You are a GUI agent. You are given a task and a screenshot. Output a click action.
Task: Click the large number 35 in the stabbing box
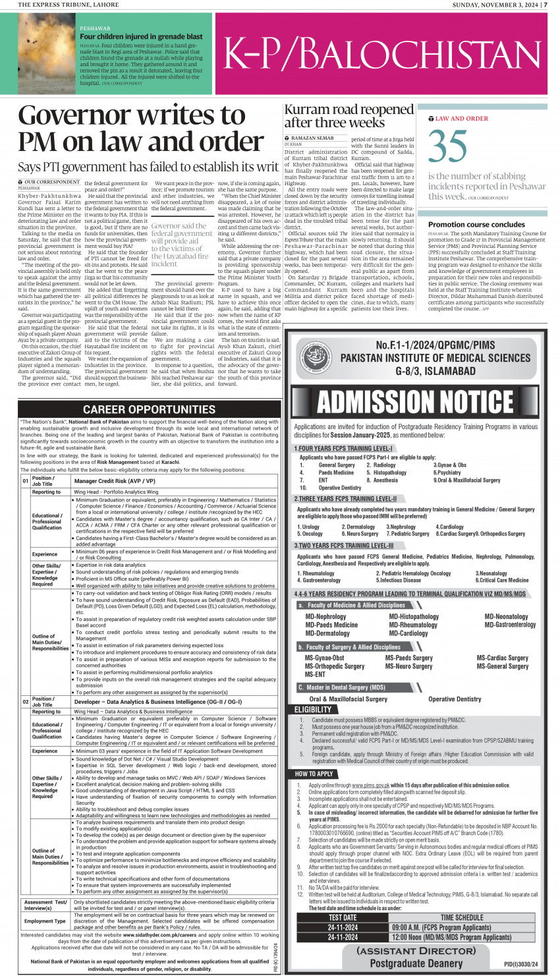point(448,147)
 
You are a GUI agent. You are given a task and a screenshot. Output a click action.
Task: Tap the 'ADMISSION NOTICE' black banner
point(415,401)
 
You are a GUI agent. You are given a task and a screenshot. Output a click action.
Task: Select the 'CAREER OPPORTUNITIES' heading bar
point(149,409)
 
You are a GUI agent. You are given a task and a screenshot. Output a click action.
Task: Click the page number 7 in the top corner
point(545,5)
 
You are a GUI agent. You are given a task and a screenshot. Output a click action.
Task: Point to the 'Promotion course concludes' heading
point(476,224)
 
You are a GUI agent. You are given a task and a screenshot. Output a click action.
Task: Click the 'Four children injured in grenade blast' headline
point(141,37)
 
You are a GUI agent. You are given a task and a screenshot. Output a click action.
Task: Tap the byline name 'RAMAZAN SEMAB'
point(312,138)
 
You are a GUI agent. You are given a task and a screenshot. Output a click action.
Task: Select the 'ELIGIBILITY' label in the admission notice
point(313,710)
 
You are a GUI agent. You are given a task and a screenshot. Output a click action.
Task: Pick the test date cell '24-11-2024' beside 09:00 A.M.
point(343,927)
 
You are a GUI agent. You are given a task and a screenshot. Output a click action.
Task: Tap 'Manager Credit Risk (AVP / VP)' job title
point(115,481)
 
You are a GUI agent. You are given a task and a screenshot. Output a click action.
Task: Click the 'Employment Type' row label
point(45,921)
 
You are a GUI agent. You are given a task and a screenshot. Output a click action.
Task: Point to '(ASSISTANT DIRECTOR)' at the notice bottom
point(416,951)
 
